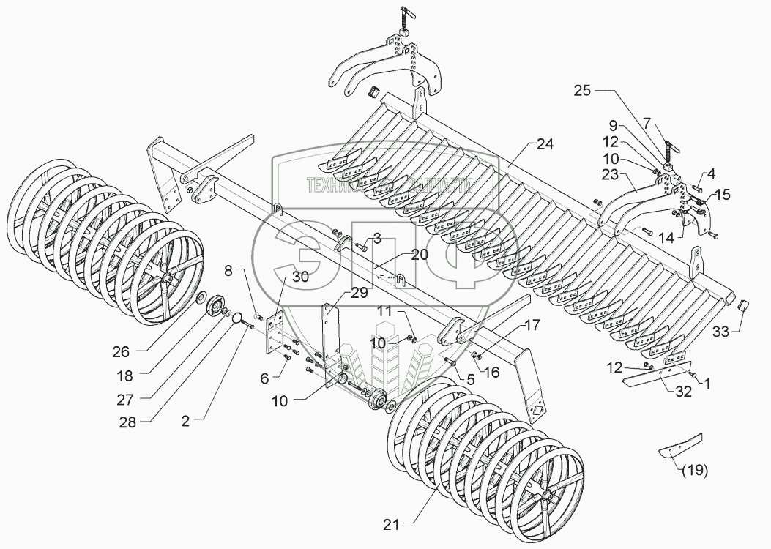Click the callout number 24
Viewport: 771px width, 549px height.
543,143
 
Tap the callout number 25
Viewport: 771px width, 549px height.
581,91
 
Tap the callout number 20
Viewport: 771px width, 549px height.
419,255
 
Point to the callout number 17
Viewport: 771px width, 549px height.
532,325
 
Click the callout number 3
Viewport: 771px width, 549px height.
376,239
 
